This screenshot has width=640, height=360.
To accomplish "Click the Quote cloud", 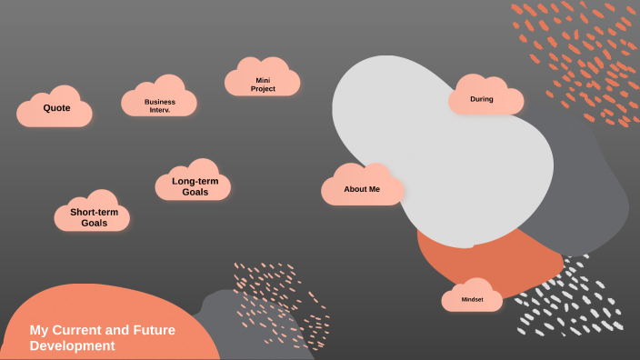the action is (x=55, y=109).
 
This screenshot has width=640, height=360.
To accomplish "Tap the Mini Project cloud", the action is (x=263, y=82).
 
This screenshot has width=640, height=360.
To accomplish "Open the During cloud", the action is (x=485, y=99).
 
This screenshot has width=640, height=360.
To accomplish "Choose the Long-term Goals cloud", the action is (x=194, y=185).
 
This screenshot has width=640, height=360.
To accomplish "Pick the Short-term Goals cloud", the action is (x=93, y=215).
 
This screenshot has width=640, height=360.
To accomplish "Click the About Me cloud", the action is (x=362, y=188).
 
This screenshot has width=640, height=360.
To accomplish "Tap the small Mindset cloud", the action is (x=472, y=298).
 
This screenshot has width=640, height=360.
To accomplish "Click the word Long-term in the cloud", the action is (x=195, y=181).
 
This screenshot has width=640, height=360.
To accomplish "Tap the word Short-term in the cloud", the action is (x=95, y=212).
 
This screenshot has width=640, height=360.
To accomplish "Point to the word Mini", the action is (x=263, y=80).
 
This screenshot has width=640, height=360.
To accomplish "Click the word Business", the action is (x=160, y=102).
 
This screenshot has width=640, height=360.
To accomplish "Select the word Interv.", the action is (x=160, y=110).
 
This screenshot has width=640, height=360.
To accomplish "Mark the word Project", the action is (x=263, y=89).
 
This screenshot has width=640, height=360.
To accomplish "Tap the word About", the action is (x=355, y=189).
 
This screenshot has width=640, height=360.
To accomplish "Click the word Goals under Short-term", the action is (x=95, y=223).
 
